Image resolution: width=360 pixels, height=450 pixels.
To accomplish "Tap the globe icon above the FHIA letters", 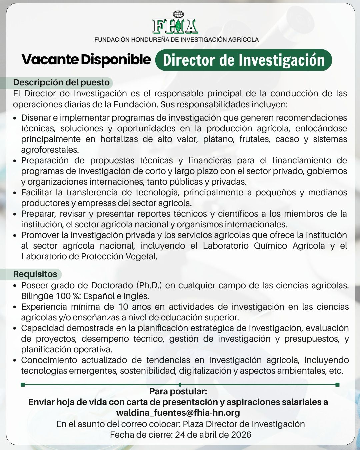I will pyautogui.click(x=179, y=15).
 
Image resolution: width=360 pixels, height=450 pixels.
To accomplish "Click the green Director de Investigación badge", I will pyautogui.click(x=244, y=60).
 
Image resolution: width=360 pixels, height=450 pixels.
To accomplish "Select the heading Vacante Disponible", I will pyautogui.click(x=86, y=60).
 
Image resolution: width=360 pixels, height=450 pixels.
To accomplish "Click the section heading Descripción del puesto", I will pyautogui.click(x=61, y=82).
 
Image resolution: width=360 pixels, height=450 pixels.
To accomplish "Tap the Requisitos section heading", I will pyautogui.click(x=35, y=274).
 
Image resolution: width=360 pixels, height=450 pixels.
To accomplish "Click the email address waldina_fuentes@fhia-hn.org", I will pyautogui.click(x=178, y=413).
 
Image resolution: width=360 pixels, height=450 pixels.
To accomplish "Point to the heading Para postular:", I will pyautogui.click(x=178, y=391).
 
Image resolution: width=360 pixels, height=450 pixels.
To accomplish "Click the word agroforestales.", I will pyautogui.click(x=50, y=150).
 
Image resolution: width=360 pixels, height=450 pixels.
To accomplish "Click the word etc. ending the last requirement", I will pyautogui.click(x=336, y=371).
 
